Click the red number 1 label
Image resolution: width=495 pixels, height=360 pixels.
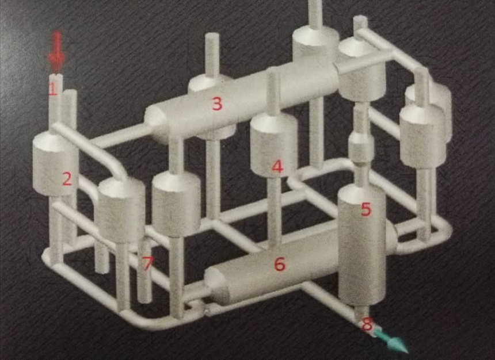point(52,89)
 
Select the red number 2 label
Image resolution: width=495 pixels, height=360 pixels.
point(67,179)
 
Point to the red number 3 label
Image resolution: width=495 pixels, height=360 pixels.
point(217,104)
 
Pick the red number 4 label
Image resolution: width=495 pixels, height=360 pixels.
point(277,167)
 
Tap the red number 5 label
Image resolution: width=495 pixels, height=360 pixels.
point(365,209)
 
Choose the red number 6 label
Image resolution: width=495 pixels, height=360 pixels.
point(280,264)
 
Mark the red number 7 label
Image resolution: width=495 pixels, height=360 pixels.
point(148,263)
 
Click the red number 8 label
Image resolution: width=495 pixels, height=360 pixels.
point(367,324)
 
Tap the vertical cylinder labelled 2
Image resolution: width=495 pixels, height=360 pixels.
point(56,164)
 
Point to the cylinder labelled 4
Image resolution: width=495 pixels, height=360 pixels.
point(274,144)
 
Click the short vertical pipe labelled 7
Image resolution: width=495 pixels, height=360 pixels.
point(145,271)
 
